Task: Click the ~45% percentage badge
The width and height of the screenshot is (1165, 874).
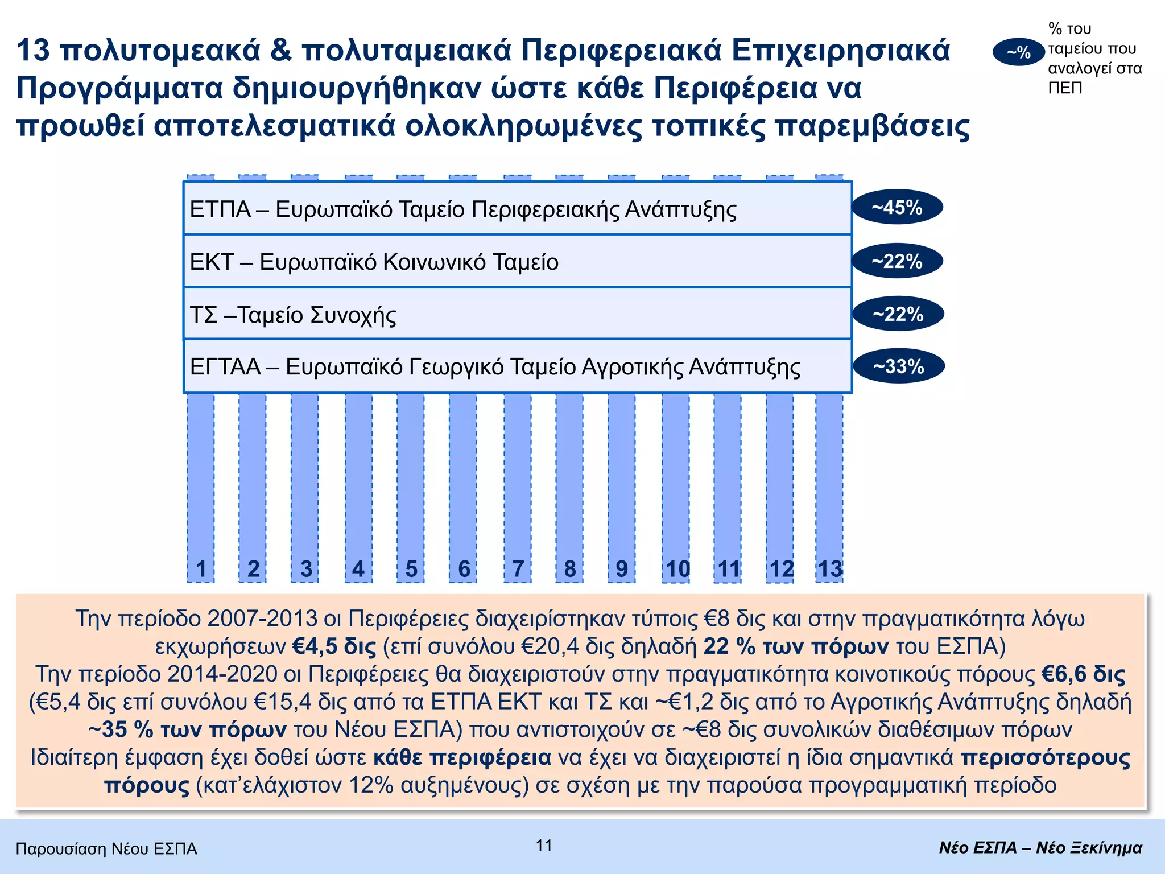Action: point(897,207)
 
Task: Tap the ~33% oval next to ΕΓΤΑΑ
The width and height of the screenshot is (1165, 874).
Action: point(899,366)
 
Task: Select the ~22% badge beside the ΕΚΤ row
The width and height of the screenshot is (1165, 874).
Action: point(897,261)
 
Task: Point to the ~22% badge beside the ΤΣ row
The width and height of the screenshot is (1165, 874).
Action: point(898,314)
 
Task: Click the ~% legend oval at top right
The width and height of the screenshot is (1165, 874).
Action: point(1018,52)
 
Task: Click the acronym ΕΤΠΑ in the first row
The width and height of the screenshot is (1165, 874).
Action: point(220,209)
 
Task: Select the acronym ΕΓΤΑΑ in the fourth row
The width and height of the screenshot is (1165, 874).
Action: point(225,366)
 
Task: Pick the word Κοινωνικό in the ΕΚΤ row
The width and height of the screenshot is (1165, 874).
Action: point(434,262)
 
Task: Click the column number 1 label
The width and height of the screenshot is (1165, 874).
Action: point(201,569)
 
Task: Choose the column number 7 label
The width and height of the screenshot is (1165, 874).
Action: point(518,569)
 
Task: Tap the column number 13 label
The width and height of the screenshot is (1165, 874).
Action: point(829,569)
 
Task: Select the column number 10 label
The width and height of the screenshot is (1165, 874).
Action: point(677,569)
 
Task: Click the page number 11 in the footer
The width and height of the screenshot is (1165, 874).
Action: point(544,846)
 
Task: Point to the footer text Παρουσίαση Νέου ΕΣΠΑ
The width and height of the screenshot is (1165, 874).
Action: point(106,849)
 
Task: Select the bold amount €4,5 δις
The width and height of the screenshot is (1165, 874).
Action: point(334,646)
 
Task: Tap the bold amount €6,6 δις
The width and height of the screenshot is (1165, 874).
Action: point(1084,674)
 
